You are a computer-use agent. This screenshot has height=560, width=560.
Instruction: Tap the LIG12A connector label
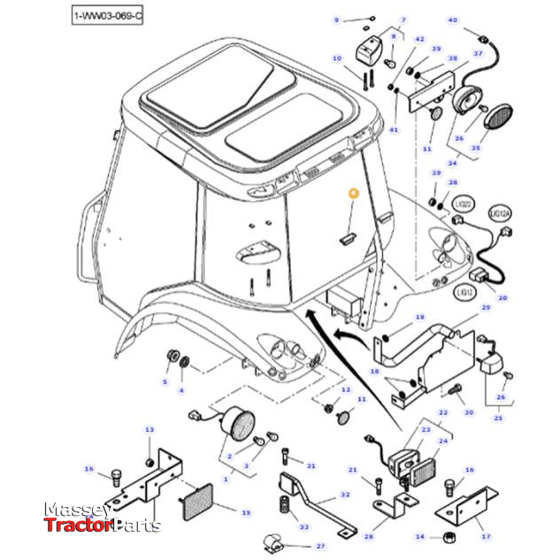click(x=500, y=215)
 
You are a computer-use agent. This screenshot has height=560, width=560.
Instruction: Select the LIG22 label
click(x=463, y=203)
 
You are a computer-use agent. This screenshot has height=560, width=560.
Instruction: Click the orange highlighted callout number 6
click(x=352, y=192)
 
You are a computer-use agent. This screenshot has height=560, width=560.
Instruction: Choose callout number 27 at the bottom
click(x=320, y=546)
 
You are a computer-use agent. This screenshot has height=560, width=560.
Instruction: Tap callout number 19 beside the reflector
click(x=246, y=512)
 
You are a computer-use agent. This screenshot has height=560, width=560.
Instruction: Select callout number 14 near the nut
click(x=420, y=536)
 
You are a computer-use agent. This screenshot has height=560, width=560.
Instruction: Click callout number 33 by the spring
click(x=304, y=527)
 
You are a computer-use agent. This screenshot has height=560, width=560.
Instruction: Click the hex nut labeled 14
click(x=448, y=536)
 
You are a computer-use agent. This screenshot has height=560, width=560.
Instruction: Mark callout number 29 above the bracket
click(x=485, y=307)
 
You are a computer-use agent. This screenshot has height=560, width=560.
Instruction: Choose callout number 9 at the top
click(x=336, y=19)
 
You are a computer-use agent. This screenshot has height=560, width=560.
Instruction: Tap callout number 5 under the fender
click(x=164, y=382)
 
